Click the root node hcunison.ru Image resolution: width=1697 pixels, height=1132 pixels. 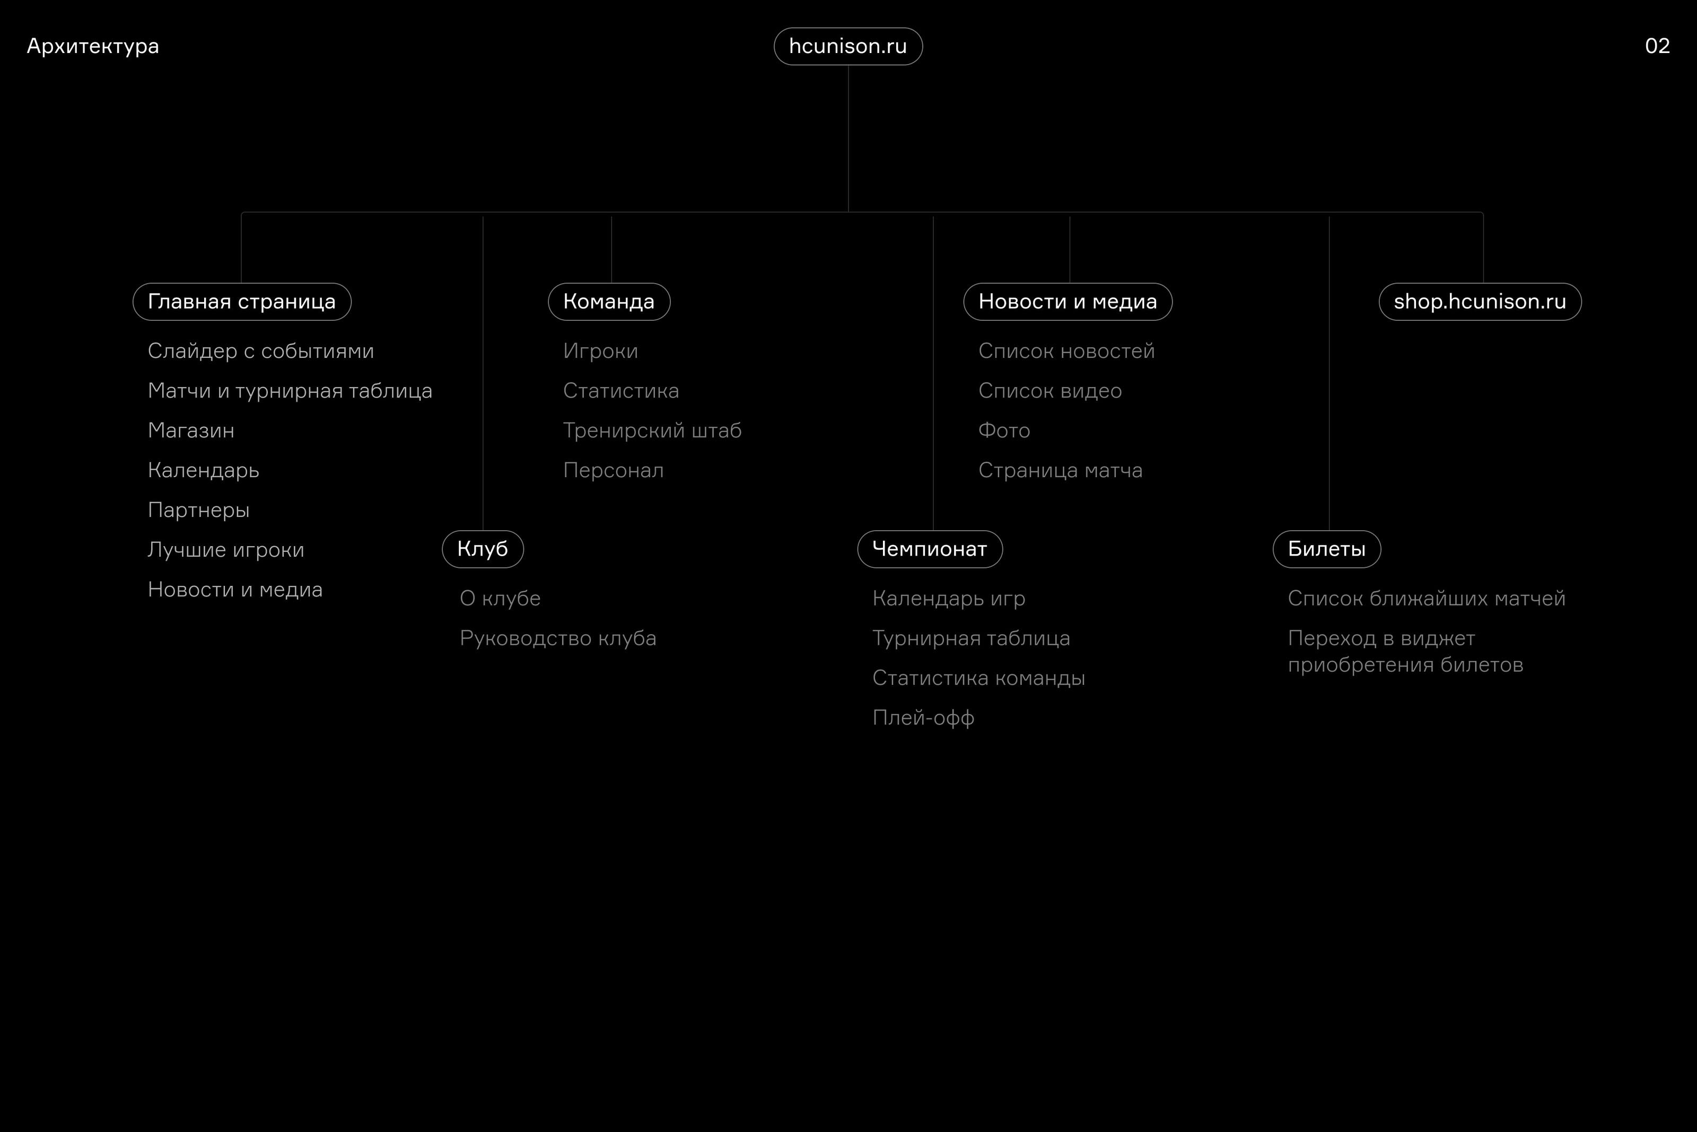pos(848,46)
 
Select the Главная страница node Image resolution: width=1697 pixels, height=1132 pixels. pos(242,302)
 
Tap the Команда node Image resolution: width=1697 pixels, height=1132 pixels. pos(609,302)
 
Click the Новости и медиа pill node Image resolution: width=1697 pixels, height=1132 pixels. pos(1068,302)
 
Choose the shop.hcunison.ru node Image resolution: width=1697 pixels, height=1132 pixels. pos(1480,302)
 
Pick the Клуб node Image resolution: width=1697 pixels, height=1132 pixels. pos(483,549)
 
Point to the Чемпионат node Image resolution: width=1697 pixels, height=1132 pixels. pos(930,549)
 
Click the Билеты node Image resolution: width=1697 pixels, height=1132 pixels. pos(1326,549)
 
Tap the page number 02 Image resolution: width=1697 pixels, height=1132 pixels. pos(1657,46)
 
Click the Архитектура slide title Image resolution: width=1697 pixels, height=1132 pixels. pos(92,46)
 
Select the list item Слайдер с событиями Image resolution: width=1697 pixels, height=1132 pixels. pos(261,352)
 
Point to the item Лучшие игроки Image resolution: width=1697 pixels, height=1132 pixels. pos(225,550)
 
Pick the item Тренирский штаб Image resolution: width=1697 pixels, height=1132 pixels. pos(652,431)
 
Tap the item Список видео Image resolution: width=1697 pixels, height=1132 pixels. pos(1050,391)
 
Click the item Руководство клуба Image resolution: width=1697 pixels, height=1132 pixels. pos(557,639)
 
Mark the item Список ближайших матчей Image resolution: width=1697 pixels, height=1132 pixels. pos(1426,599)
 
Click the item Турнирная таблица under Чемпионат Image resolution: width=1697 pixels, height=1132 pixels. pos(970,639)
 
